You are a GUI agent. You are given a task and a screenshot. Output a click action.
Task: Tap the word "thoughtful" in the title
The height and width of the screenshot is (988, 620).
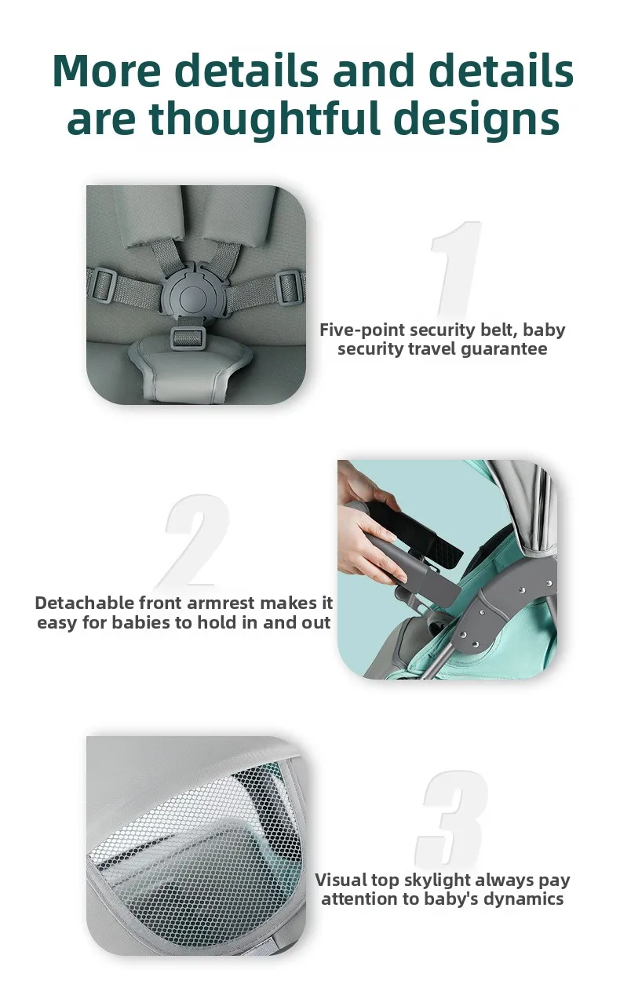point(264,119)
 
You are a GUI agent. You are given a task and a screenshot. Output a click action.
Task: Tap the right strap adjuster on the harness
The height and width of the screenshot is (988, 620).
point(289,286)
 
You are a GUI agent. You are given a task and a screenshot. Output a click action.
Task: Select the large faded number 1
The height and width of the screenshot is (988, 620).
point(455,269)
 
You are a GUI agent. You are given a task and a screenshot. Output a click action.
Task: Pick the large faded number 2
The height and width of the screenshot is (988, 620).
point(194,541)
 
